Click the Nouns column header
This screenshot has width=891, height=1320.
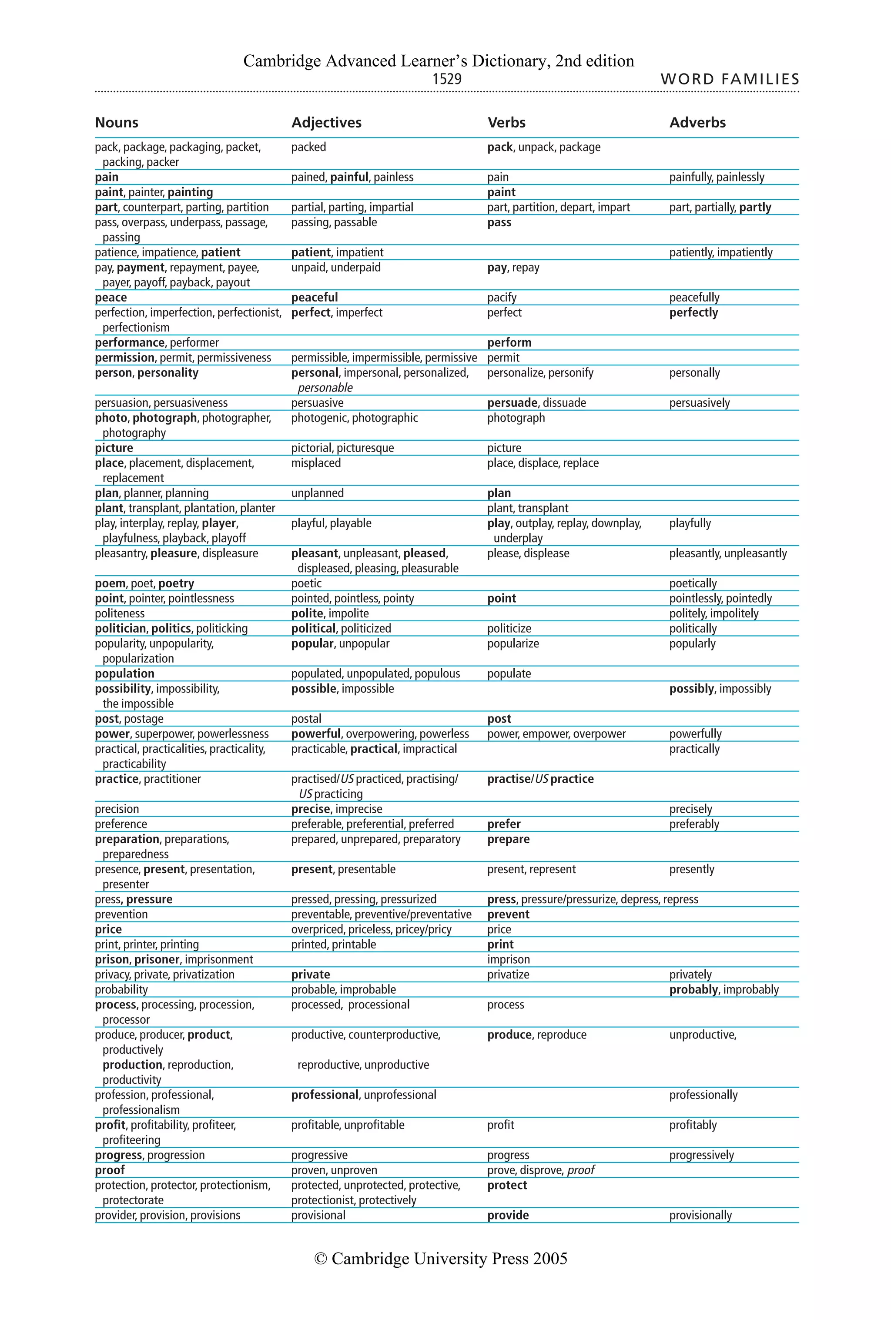tap(117, 123)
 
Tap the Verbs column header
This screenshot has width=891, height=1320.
tap(506, 123)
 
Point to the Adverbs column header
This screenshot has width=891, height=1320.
tap(697, 123)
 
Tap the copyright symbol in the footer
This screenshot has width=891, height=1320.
tap(320, 1259)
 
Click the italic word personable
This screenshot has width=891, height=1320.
tap(325, 388)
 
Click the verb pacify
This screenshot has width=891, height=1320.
tap(502, 298)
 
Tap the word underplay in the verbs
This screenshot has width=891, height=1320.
tap(517, 539)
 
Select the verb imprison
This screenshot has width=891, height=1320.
tap(508, 960)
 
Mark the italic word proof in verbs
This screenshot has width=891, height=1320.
tap(580, 1170)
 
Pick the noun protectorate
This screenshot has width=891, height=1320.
tap(133, 1200)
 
